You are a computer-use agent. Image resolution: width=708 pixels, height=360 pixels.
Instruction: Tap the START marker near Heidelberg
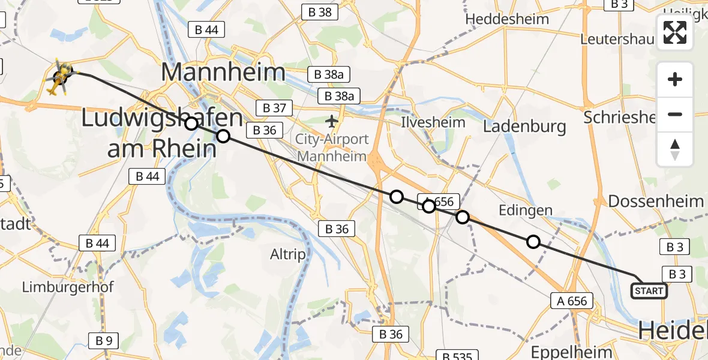[649, 291]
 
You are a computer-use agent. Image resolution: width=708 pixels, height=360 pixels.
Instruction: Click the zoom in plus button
[675, 80]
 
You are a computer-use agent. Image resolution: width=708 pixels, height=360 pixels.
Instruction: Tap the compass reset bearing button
[675, 149]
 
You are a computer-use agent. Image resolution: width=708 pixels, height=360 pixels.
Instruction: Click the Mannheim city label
[223, 73]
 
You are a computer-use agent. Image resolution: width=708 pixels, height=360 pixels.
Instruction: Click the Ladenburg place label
[524, 126]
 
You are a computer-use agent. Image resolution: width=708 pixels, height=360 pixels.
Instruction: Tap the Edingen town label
[526, 209]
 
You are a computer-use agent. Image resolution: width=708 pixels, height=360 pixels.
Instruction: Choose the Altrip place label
[287, 254]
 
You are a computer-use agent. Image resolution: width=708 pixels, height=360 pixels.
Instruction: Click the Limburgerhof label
[68, 287]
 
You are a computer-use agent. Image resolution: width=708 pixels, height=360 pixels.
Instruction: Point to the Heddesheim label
[505, 19]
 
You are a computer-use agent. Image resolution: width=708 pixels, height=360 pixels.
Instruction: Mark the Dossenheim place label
[655, 201]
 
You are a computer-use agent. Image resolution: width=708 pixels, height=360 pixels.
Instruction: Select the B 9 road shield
[103, 341]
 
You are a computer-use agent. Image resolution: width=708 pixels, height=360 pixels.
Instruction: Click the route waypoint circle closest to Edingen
[533, 242]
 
